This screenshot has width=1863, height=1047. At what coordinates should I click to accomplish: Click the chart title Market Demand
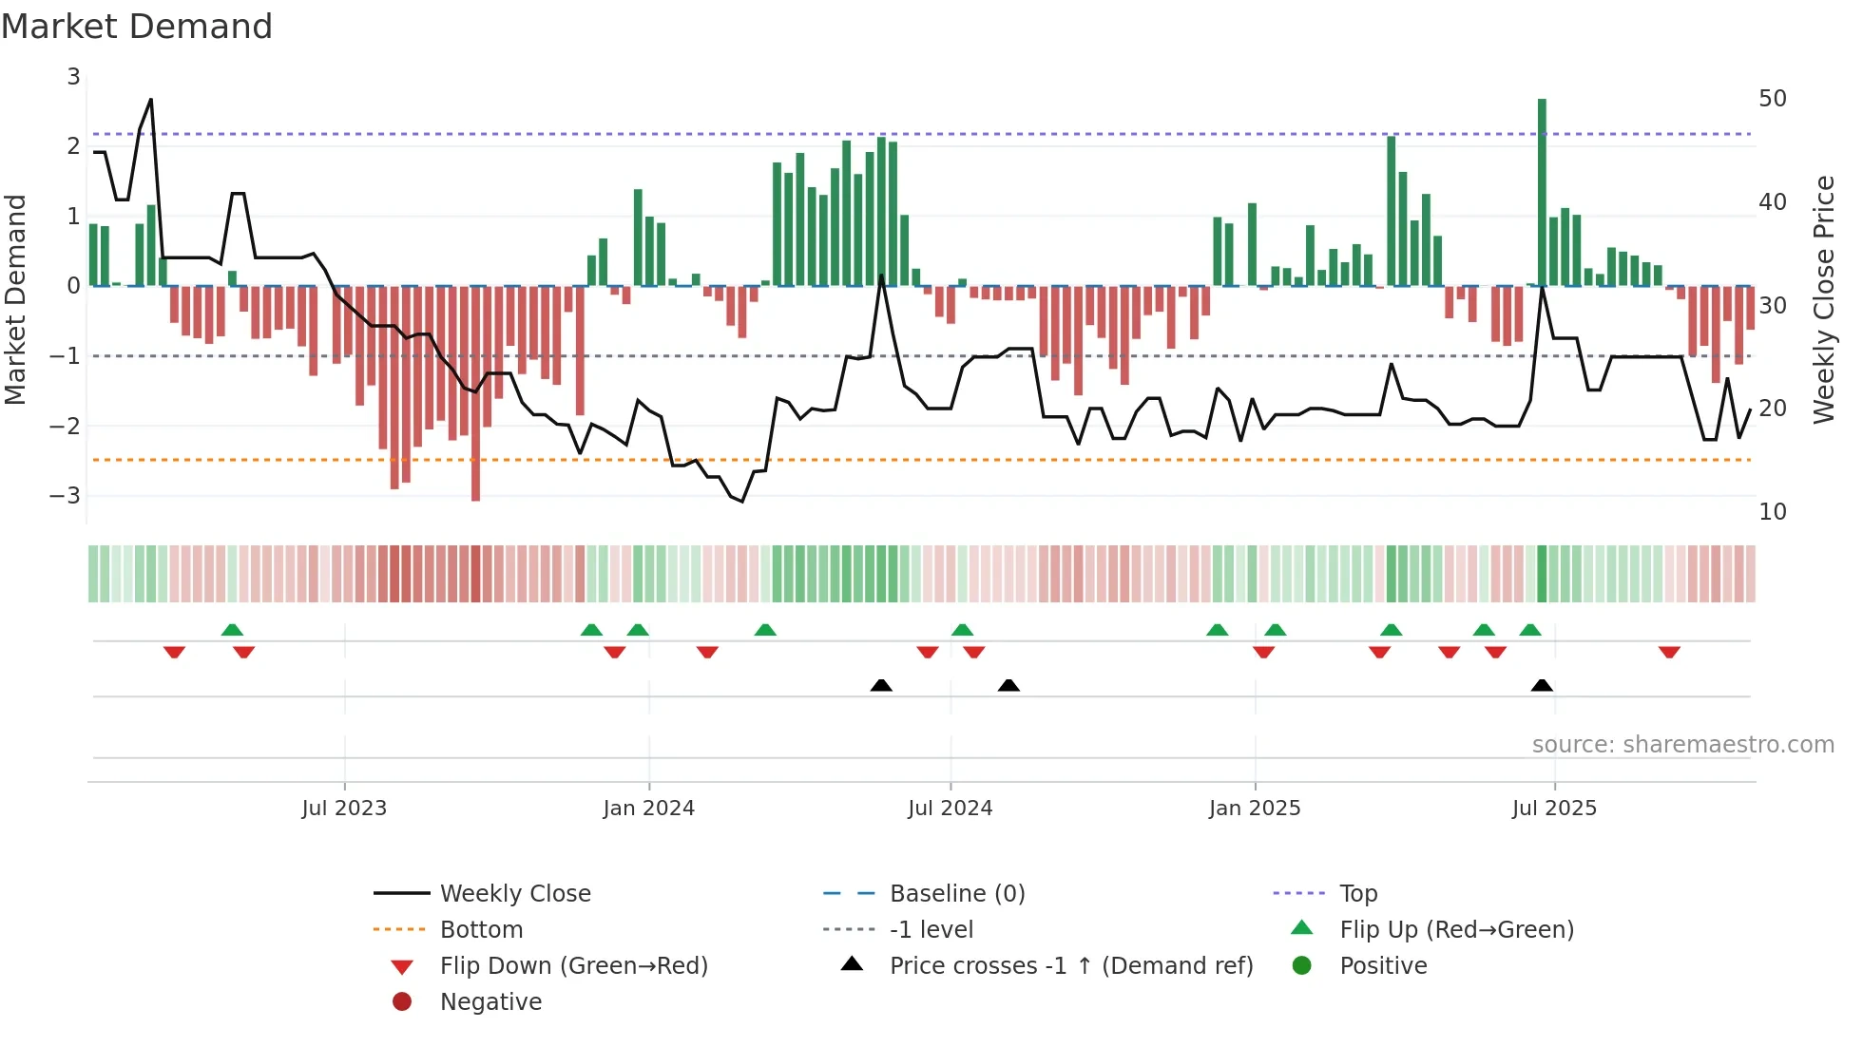click(x=137, y=27)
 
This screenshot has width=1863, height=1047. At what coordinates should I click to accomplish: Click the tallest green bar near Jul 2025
click(x=1542, y=190)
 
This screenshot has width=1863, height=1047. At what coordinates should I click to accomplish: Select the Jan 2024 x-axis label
click(x=648, y=809)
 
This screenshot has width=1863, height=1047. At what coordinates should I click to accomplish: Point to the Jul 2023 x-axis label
click(x=344, y=809)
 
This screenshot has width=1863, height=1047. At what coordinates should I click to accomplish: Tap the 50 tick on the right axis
click(x=1772, y=99)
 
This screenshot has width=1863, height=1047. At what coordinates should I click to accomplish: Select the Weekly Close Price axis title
click(x=1823, y=299)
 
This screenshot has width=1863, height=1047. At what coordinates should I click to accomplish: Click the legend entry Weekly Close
click(x=514, y=893)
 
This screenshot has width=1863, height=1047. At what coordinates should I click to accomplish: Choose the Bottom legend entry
click(x=481, y=929)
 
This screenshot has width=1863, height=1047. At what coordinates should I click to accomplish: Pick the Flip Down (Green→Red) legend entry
click(x=573, y=965)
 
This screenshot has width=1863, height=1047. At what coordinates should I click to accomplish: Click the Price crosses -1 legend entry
click(x=1070, y=965)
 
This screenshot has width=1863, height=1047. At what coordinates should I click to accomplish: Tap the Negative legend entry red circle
click(x=402, y=1001)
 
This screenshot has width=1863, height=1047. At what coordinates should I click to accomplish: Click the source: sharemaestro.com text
click(x=1682, y=744)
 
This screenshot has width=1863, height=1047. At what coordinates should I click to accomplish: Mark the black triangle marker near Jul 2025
click(x=1542, y=685)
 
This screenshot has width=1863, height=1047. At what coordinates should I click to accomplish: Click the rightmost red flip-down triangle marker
click(x=1669, y=652)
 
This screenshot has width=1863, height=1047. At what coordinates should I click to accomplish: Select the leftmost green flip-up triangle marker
click(x=232, y=629)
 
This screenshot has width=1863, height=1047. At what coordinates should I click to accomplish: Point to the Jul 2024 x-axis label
click(x=950, y=809)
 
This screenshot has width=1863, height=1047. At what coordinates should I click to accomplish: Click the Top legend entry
click(x=1357, y=893)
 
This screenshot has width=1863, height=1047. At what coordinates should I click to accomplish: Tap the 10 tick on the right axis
click(x=1772, y=512)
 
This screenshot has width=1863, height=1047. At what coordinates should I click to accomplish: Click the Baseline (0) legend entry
click(x=956, y=893)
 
